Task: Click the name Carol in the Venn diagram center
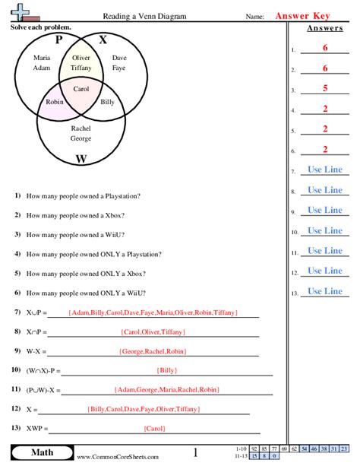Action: pyautogui.click(x=81, y=89)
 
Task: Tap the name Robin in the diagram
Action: pyautogui.click(x=55, y=101)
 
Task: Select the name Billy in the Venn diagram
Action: pyautogui.click(x=108, y=101)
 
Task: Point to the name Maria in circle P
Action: pyautogui.click(x=43, y=58)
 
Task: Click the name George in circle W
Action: pyautogui.click(x=81, y=138)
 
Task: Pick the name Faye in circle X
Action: pyautogui.click(x=119, y=68)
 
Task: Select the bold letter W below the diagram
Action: pyautogui.click(x=81, y=159)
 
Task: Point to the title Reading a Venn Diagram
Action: pyautogui.click(x=144, y=15)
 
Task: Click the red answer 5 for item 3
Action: pyautogui.click(x=324, y=88)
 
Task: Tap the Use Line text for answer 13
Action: pyautogui.click(x=324, y=291)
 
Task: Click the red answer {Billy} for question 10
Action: pyautogui.click(x=167, y=370)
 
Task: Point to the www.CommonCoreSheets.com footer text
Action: pyautogui.click(x=118, y=456)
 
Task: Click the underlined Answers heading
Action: pyautogui.click(x=324, y=29)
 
